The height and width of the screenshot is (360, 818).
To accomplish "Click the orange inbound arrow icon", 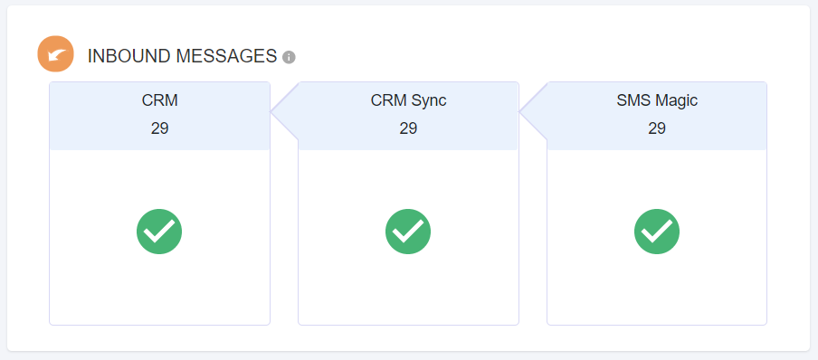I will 55,54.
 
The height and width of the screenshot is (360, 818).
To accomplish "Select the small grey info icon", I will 289,57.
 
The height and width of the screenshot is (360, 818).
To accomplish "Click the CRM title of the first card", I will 159,100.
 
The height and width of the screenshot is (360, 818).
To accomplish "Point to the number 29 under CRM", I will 159,128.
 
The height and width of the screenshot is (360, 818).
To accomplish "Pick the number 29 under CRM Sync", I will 408,128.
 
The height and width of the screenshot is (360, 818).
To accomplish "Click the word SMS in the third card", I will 632,100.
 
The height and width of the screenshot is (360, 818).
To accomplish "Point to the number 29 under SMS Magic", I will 657,128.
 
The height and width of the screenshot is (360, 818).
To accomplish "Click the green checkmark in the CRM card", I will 159,232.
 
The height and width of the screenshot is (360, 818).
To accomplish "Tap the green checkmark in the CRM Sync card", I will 408,232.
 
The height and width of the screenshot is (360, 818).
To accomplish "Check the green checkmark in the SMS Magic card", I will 657,232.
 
